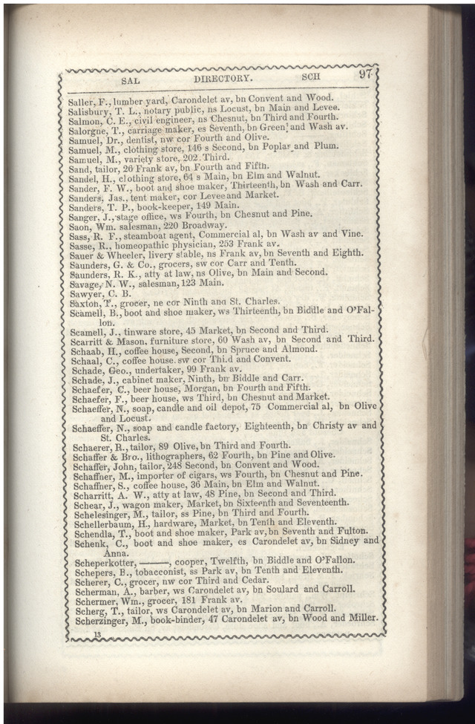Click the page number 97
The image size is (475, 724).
coord(364,74)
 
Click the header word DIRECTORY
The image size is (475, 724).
coord(223,77)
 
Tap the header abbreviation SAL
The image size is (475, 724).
coord(130,79)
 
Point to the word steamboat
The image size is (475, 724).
coord(148,235)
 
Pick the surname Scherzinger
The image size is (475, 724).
coord(103,619)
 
